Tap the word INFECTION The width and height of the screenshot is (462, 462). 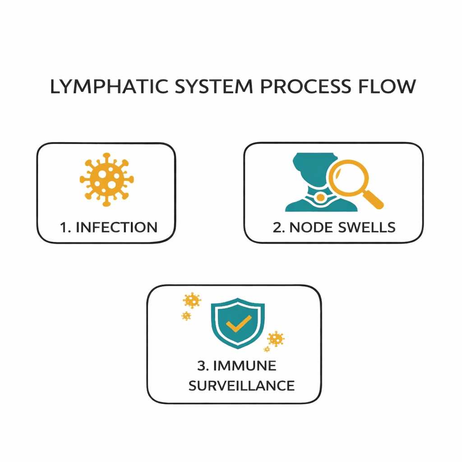pyautogui.click(x=116, y=227)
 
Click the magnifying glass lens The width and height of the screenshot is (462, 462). pyautogui.click(x=347, y=180)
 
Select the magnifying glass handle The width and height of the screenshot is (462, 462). pyautogui.click(x=374, y=200)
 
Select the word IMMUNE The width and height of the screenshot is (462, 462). pyautogui.click(x=244, y=365)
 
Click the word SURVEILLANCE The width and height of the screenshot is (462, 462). pyautogui.click(x=241, y=386)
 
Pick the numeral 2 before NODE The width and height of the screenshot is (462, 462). pyautogui.click(x=277, y=227)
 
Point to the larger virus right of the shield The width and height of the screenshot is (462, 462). pyautogui.click(x=275, y=338)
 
